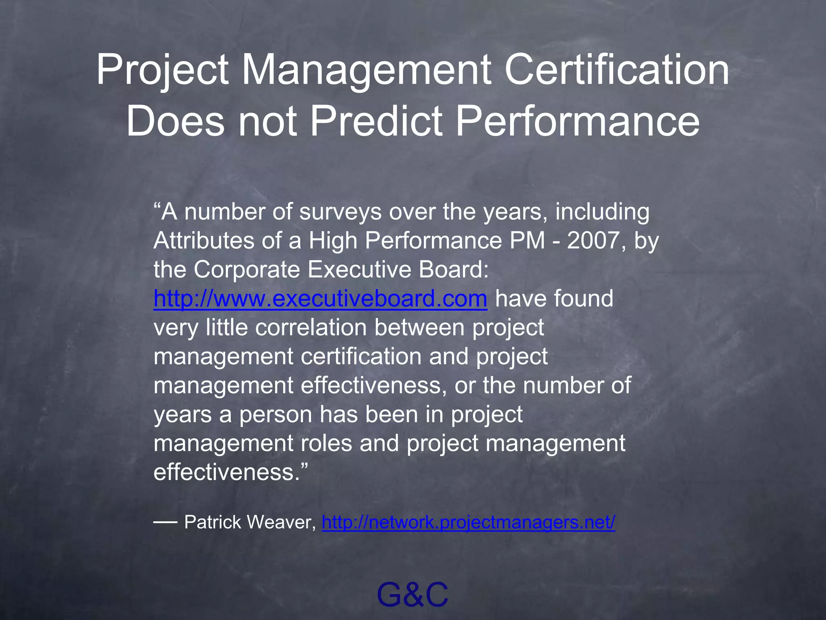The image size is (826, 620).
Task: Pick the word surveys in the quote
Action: click(x=340, y=212)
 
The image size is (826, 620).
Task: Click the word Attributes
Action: click(x=204, y=241)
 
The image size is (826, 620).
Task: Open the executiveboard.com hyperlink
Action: click(x=320, y=298)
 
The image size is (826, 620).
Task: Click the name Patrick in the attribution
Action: click(x=213, y=522)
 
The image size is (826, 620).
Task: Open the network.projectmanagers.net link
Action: click(x=468, y=522)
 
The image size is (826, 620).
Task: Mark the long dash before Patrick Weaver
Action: click(x=165, y=522)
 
